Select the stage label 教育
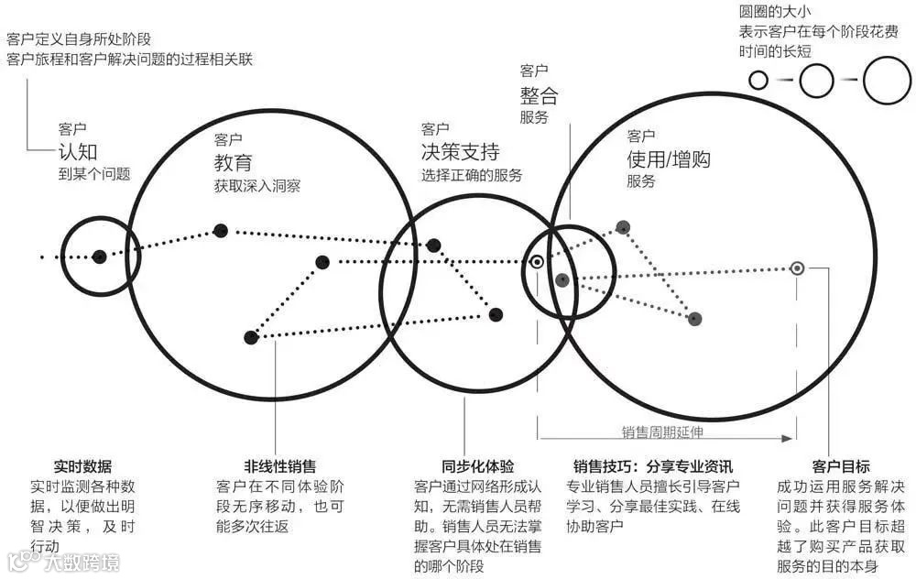pyautogui.click(x=233, y=163)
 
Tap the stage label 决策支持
pyautogui.click(x=460, y=151)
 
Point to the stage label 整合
pyautogui.click(x=538, y=95)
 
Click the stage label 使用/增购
pyautogui.click(x=668, y=159)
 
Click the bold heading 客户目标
pyautogui.click(x=840, y=466)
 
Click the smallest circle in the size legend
pyautogui.click(x=758, y=80)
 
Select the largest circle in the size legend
pyautogui.click(x=887, y=80)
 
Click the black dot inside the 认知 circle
pyautogui.click(x=99, y=257)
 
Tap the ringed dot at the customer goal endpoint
pyautogui.click(x=798, y=268)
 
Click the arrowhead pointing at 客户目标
pyautogui.click(x=785, y=440)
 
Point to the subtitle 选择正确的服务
pyautogui.click(x=471, y=174)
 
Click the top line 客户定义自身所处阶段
pyautogui.click(x=79, y=39)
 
